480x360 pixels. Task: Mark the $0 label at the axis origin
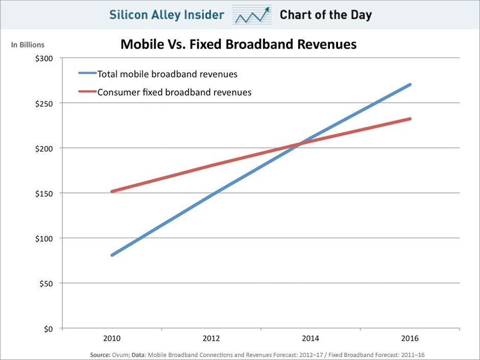click(49, 328)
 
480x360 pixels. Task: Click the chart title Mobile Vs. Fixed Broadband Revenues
click(238, 44)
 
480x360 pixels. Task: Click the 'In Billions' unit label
click(28, 45)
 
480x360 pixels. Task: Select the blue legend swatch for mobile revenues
click(86, 74)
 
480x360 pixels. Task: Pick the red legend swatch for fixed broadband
click(86, 92)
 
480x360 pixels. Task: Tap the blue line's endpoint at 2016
click(410, 85)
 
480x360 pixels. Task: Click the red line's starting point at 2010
click(111, 191)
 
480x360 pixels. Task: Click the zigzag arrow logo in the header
click(251, 15)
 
